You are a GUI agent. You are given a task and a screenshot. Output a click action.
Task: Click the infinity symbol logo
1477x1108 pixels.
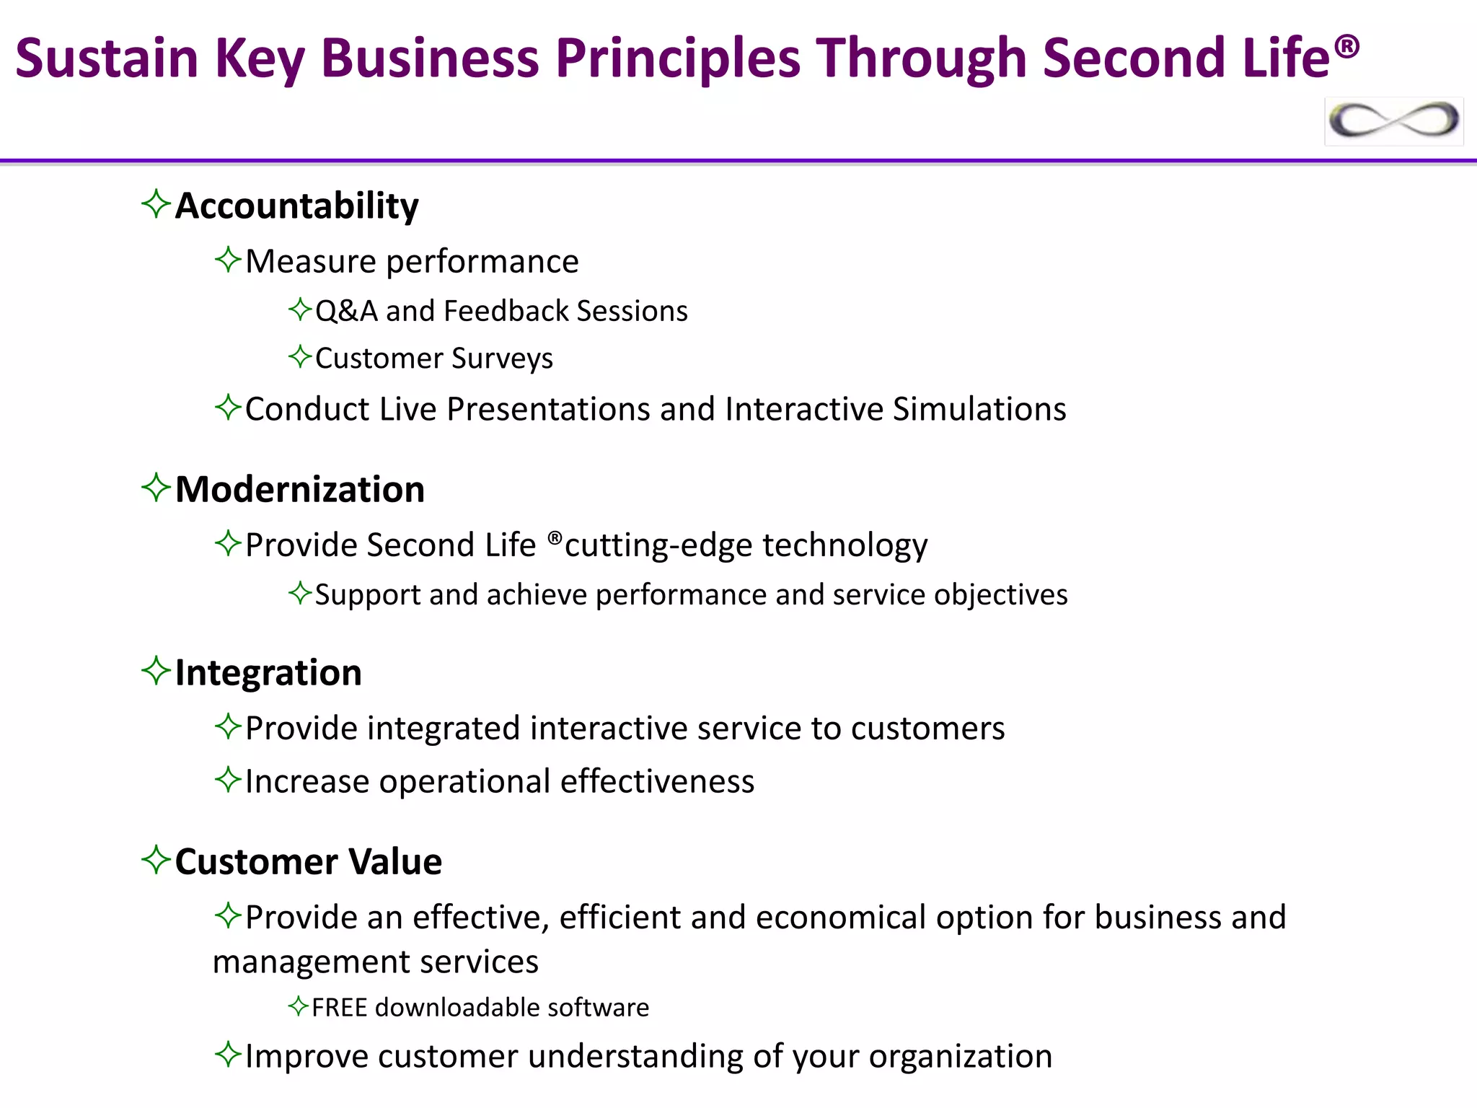[1393, 120]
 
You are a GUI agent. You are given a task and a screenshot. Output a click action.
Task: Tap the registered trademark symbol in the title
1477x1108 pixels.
[1346, 48]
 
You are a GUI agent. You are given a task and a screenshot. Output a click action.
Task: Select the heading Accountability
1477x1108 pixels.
[296, 206]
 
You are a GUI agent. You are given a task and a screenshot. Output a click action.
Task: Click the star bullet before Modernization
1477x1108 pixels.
[156, 488]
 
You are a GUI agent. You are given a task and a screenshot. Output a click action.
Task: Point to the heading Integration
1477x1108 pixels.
[268, 672]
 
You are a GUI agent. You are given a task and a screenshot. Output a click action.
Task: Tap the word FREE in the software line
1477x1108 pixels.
[339, 1008]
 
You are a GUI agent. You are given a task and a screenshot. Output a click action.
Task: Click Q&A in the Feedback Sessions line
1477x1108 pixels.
[346, 312]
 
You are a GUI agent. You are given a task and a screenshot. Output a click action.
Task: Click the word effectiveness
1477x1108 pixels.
[657, 782]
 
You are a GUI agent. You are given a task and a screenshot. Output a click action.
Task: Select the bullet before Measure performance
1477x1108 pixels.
[227, 260]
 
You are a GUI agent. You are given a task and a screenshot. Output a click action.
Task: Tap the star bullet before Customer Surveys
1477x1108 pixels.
[299, 356]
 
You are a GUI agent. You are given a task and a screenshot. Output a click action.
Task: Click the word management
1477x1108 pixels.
[310, 962]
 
